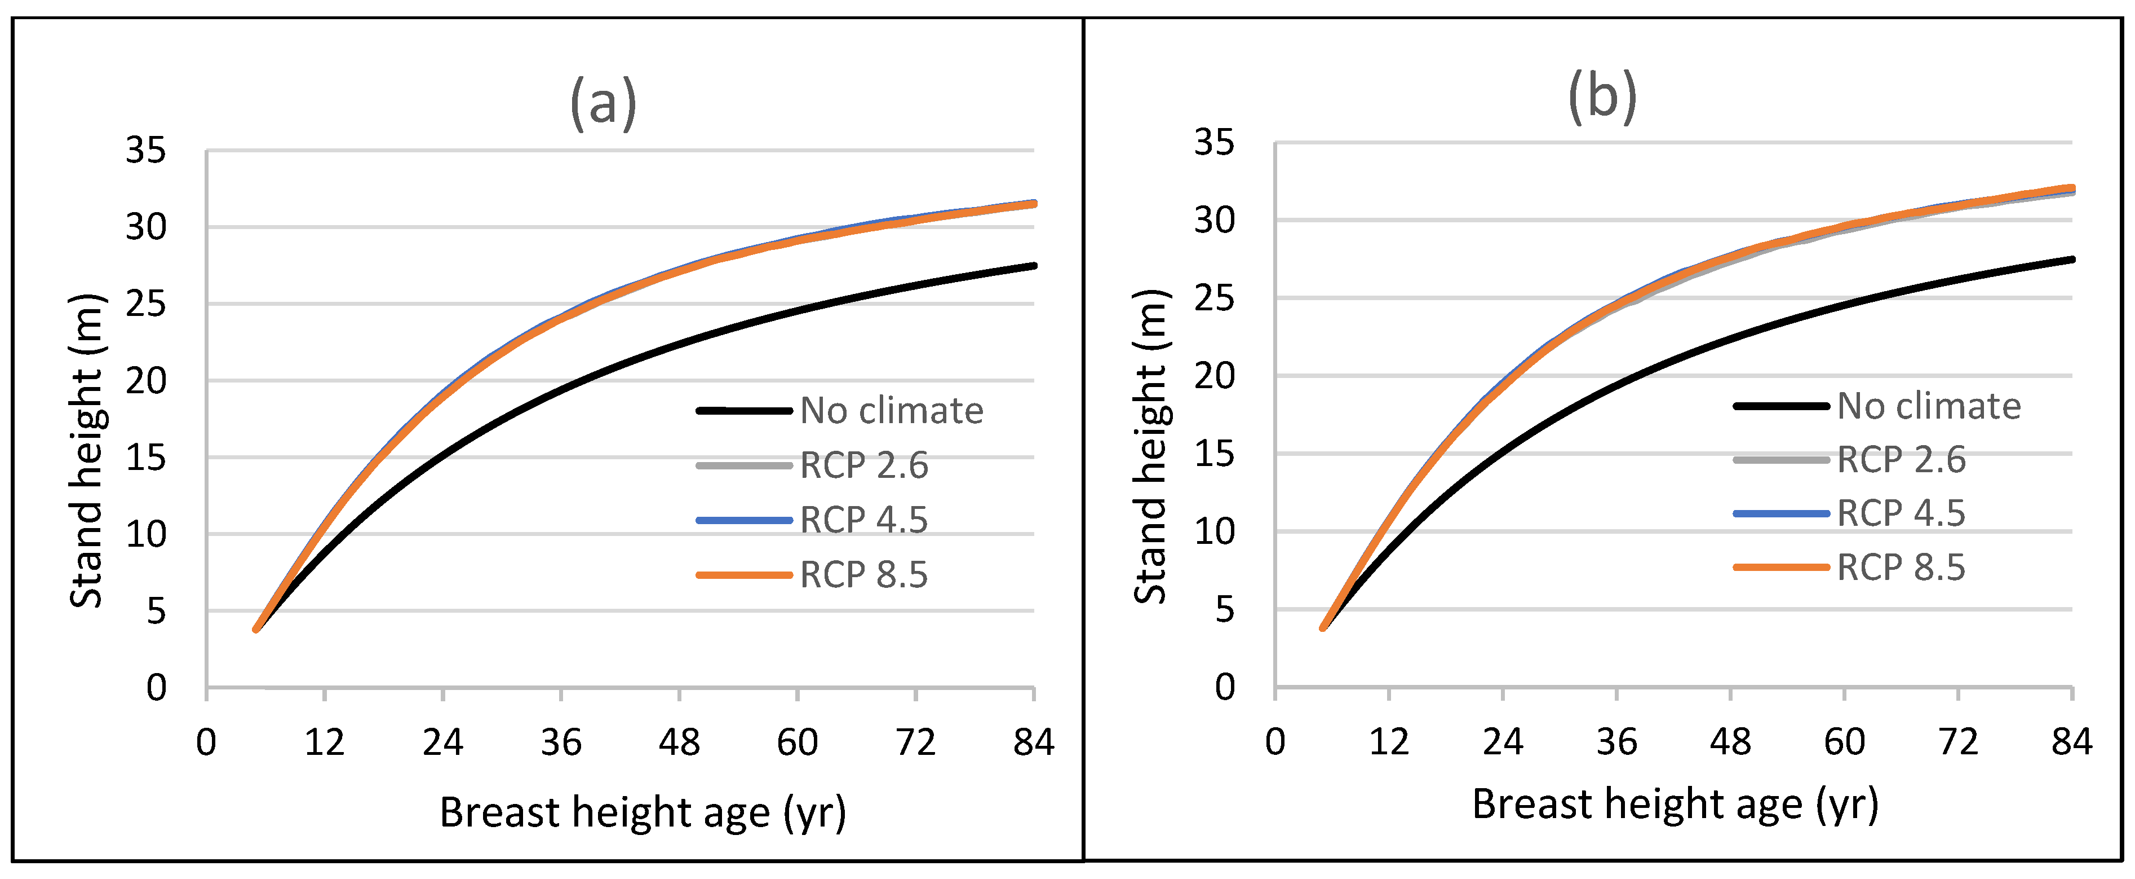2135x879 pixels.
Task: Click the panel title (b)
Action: pyautogui.click(x=1602, y=98)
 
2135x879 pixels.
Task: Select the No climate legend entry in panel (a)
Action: pyautogui.click(x=891, y=411)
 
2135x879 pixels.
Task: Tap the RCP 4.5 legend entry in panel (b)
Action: pyautogui.click(x=1901, y=513)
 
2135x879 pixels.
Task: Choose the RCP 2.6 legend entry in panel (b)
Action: pyautogui.click(x=1901, y=459)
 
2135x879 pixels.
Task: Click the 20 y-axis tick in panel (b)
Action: pyautogui.click(x=1213, y=376)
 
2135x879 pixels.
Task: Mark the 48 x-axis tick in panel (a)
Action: pyautogui.click(x=679, y=742)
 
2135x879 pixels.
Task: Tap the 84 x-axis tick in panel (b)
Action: pyautogui.click(x=2071, y=741)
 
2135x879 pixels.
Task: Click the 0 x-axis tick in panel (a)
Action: pyautogui.click(x=206, y=742)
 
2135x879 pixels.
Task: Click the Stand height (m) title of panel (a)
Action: pyautogui.click(x=87, y=452)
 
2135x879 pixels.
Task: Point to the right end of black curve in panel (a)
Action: pyautogui.click(x=1034, y=265)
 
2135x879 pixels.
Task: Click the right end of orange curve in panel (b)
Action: pyautogui.click(x=2071, y=188)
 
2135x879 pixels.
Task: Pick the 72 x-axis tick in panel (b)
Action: pyautogui.click(x=1957, y=741)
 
